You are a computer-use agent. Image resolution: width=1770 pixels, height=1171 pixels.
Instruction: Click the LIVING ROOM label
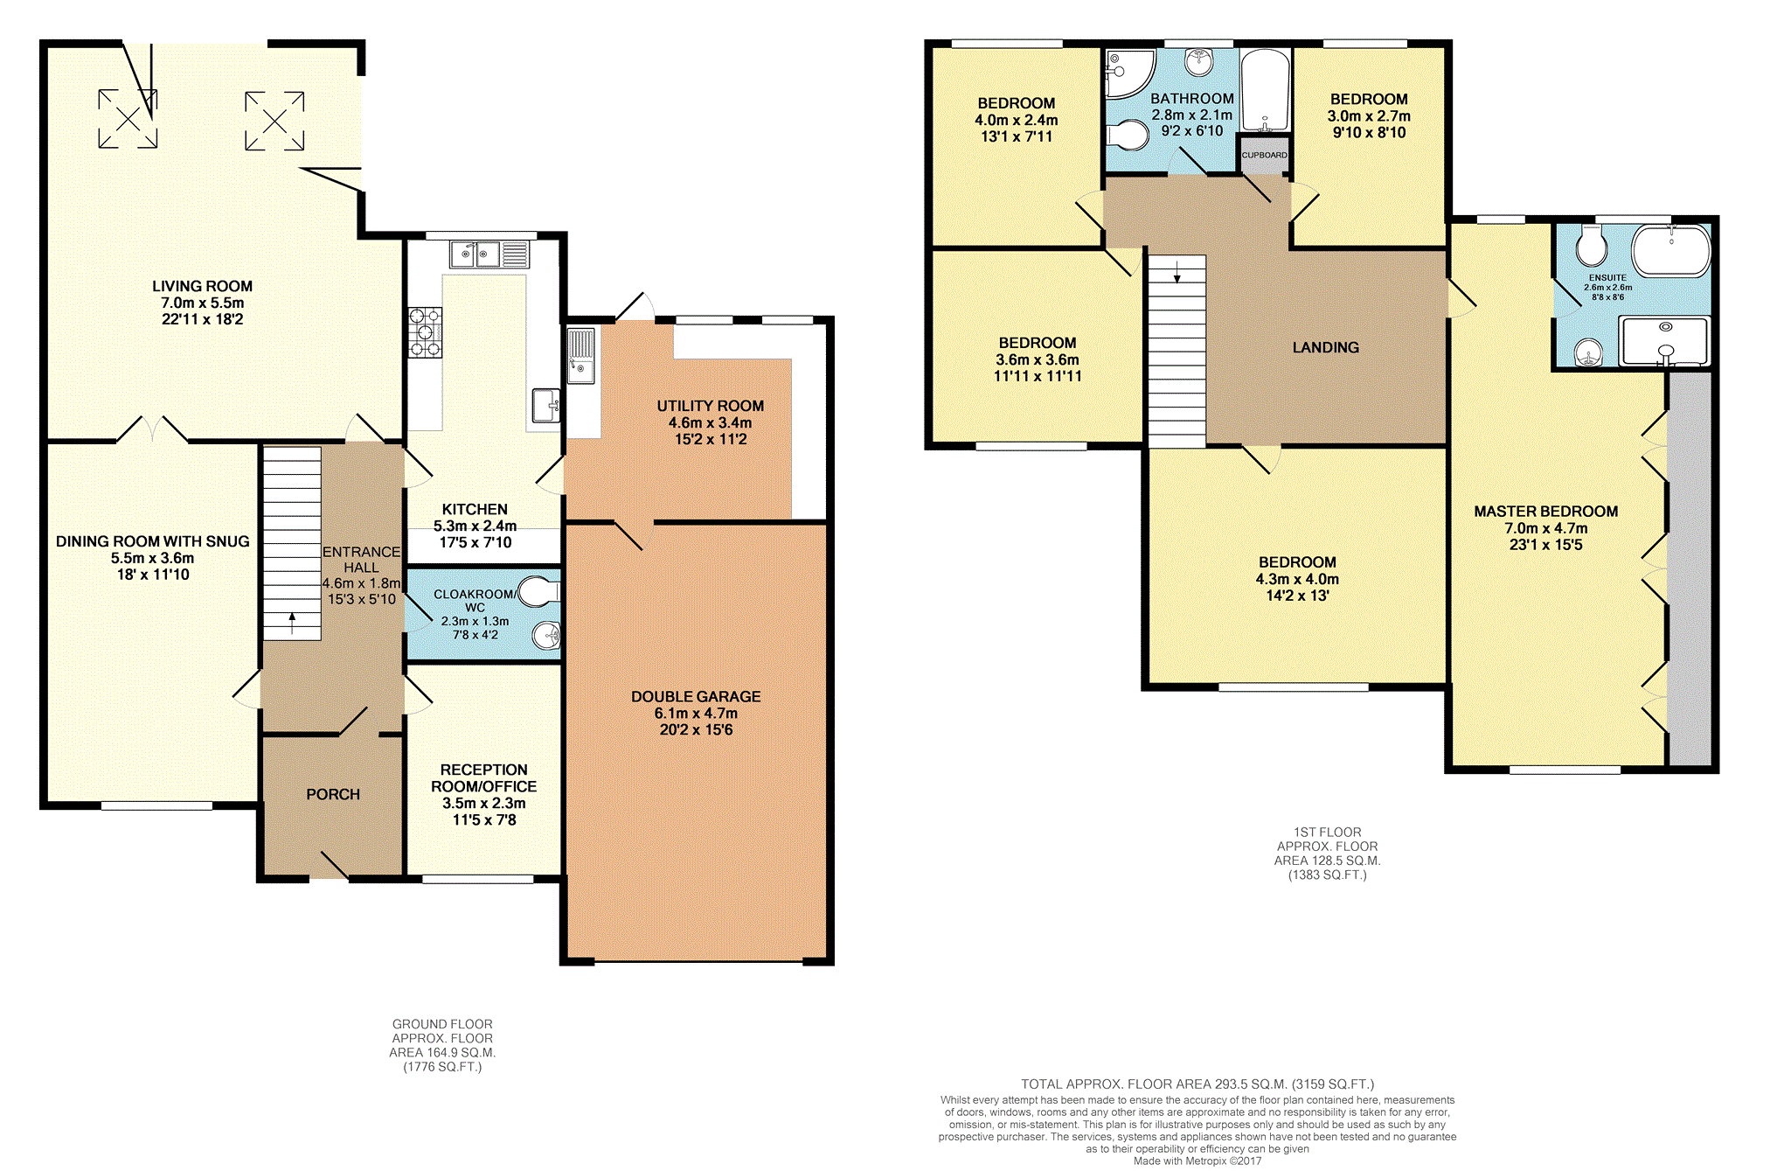coord(202,286)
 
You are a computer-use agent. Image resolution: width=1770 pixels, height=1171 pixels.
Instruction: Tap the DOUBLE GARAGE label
coord(696,696)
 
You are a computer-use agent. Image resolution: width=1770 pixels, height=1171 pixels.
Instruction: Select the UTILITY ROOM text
coord(711,406)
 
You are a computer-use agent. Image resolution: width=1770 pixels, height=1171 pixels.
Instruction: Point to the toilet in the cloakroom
coord(538,592)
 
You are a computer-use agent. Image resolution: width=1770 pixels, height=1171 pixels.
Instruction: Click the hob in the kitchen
coord(426,332)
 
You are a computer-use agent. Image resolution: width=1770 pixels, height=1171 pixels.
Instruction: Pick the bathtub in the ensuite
coord(1671,251)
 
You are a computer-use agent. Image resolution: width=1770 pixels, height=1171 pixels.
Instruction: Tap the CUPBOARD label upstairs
coord(1265,155)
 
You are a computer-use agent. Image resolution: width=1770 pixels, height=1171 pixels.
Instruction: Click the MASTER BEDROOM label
coord(1545,512)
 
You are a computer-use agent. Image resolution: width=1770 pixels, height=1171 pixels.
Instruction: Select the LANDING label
coord(1326,347)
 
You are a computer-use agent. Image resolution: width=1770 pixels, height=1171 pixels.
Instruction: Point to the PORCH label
coord(333,794)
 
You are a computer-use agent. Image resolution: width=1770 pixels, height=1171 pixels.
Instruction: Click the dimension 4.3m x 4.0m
coord(1297,579)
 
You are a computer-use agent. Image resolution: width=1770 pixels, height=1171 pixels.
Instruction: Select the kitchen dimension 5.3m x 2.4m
coord(475,526)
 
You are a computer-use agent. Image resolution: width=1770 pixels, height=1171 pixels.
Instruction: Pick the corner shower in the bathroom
coord(1129,73)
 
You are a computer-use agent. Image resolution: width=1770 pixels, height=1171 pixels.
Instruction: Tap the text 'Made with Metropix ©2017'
coord(1197,1161)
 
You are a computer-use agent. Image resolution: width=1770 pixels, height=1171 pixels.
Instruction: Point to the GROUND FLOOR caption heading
coord(442,1024)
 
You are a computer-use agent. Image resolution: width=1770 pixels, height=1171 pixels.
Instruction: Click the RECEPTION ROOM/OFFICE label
coord(483,777)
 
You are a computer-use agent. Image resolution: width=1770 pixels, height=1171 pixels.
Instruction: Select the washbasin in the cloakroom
coord(546,636)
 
